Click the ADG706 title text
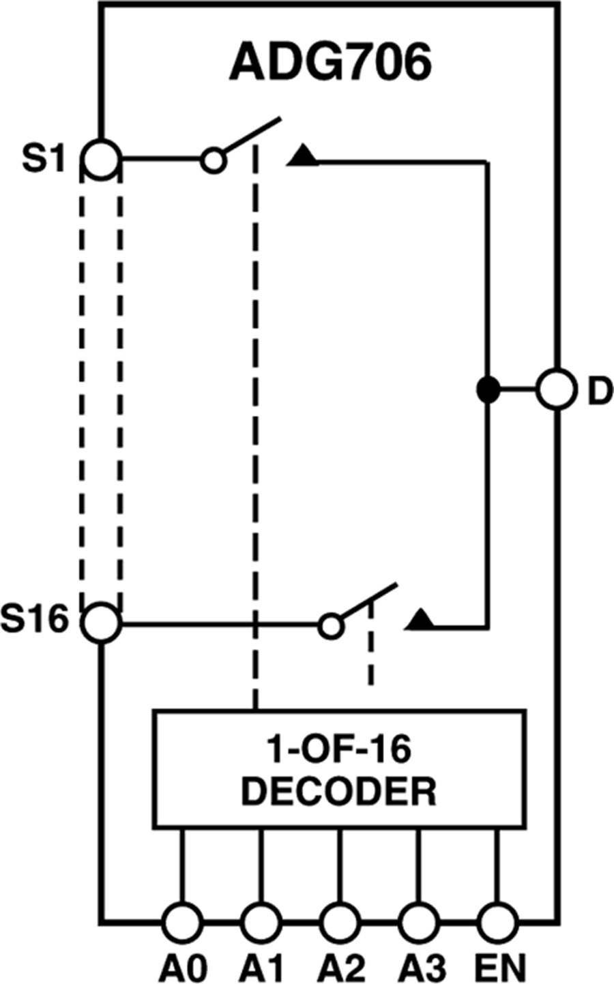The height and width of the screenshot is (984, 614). pyautogui.click(x=330, y=62)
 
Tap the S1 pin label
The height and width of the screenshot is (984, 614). pyautogui.click(x=44, y=159)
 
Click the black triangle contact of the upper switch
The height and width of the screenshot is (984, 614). pyautogui.click(x=304, y=156)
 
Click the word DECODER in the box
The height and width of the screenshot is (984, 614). pyautogui.click(x=339, y=792)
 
